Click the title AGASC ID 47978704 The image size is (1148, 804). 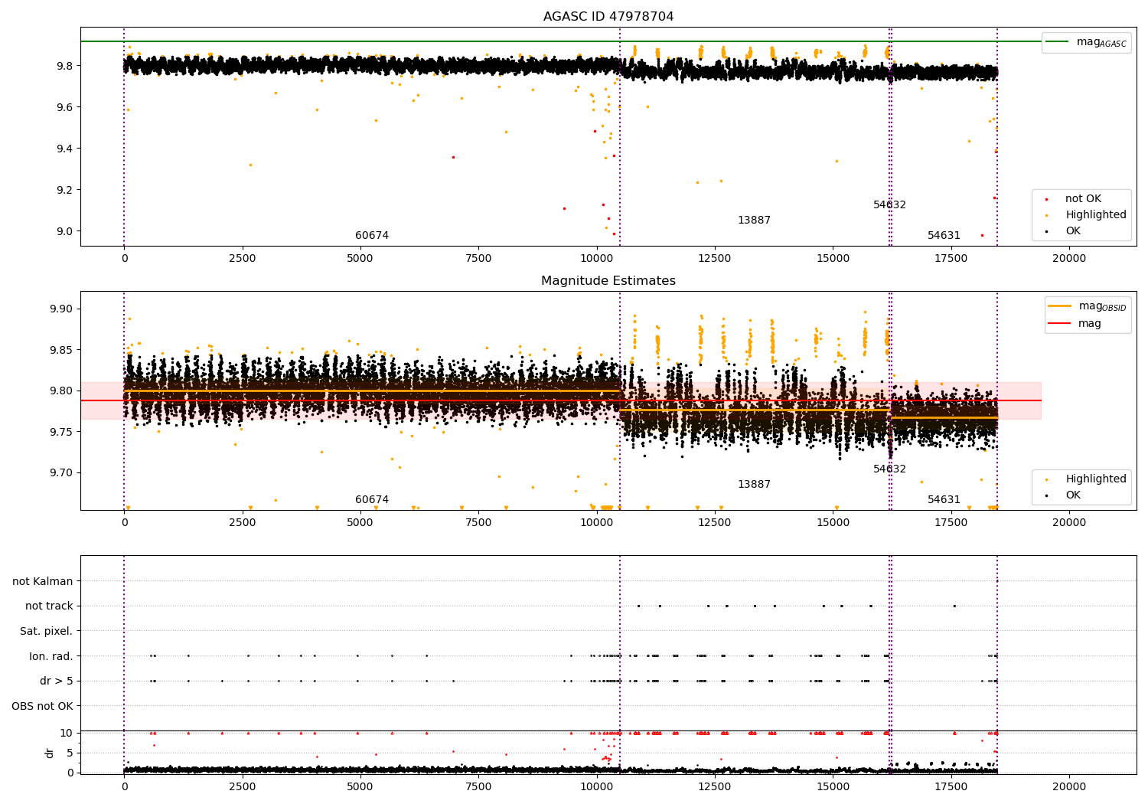tap(608, 17)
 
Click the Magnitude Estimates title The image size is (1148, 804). tap(608, 281)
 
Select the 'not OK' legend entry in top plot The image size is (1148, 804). tap(1082, 199)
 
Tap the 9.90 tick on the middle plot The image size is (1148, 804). tap(64, 309)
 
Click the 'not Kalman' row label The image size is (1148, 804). tap(43, 582)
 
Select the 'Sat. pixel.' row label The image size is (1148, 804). tap(46, 632)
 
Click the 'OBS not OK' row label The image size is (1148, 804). tap(42, 706)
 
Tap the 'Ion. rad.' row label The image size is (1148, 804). tap(51, 656)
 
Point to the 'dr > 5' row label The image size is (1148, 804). tap(56, 681)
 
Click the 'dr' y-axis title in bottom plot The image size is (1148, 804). tap(50, 753)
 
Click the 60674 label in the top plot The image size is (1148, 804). tap(372, 236)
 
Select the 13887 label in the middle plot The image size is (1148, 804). tap(754, 485)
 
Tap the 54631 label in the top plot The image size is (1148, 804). tap(944, 236)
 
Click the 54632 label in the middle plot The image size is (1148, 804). tap(889, 469)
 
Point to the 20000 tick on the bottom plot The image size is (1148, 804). tap(1068, 784)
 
